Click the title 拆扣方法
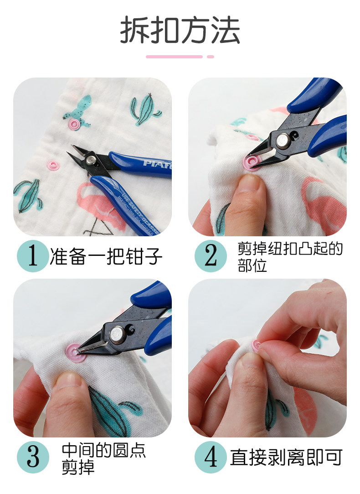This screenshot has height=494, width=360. [x=180, y=30]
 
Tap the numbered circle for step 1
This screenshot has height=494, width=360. [x=33, y=256]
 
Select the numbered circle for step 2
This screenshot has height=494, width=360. [x=211, y=256]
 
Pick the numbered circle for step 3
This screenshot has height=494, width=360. [x=33, y=457]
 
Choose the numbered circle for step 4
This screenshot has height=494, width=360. [x=211, y=457]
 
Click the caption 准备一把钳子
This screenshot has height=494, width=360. [x=106, y=256]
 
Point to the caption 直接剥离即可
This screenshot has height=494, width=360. [x=286, y=458]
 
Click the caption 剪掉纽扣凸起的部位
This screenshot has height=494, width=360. [x=290, y=257]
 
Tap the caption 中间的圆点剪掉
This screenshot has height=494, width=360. [x=104, y=458]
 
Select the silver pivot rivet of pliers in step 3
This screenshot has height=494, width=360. [x=118, y=334]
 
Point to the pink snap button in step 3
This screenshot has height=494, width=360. [x=75, y=353]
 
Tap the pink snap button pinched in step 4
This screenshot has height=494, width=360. [x=256, y=346]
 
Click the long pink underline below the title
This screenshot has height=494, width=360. [x=174, y=57]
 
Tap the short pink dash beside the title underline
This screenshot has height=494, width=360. [x=211, y=57]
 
